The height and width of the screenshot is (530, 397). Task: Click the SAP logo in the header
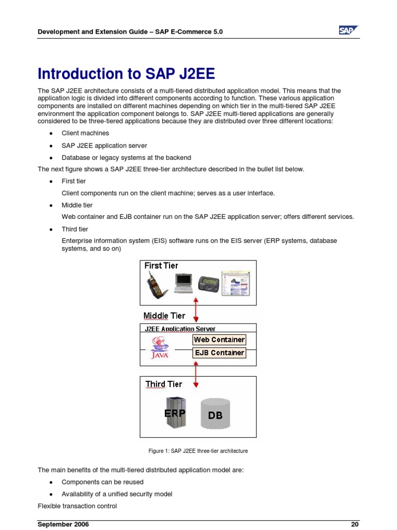click(348, 31)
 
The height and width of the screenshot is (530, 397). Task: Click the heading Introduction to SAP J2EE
click(126, 73)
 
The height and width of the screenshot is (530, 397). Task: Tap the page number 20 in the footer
click(355, 524)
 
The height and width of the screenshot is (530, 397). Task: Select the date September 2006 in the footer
click(63, 524)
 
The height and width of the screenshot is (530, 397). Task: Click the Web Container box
click(219, 340)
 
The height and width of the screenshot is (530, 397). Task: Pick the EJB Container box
click(219, 353)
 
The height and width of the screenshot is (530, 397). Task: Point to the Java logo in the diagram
click(159, 348)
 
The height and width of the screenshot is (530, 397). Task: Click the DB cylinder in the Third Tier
click(215, 414)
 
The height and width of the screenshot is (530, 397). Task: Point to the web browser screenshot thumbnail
click(235, 283)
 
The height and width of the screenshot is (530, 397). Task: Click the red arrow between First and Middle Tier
click(195, 310)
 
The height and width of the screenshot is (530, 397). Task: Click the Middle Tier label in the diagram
click(164, 316)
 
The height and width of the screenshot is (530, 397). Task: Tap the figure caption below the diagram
click(198, 451)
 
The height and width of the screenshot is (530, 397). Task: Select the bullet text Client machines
click(85, 133)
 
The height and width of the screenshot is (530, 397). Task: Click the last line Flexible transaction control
click(77, 506)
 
